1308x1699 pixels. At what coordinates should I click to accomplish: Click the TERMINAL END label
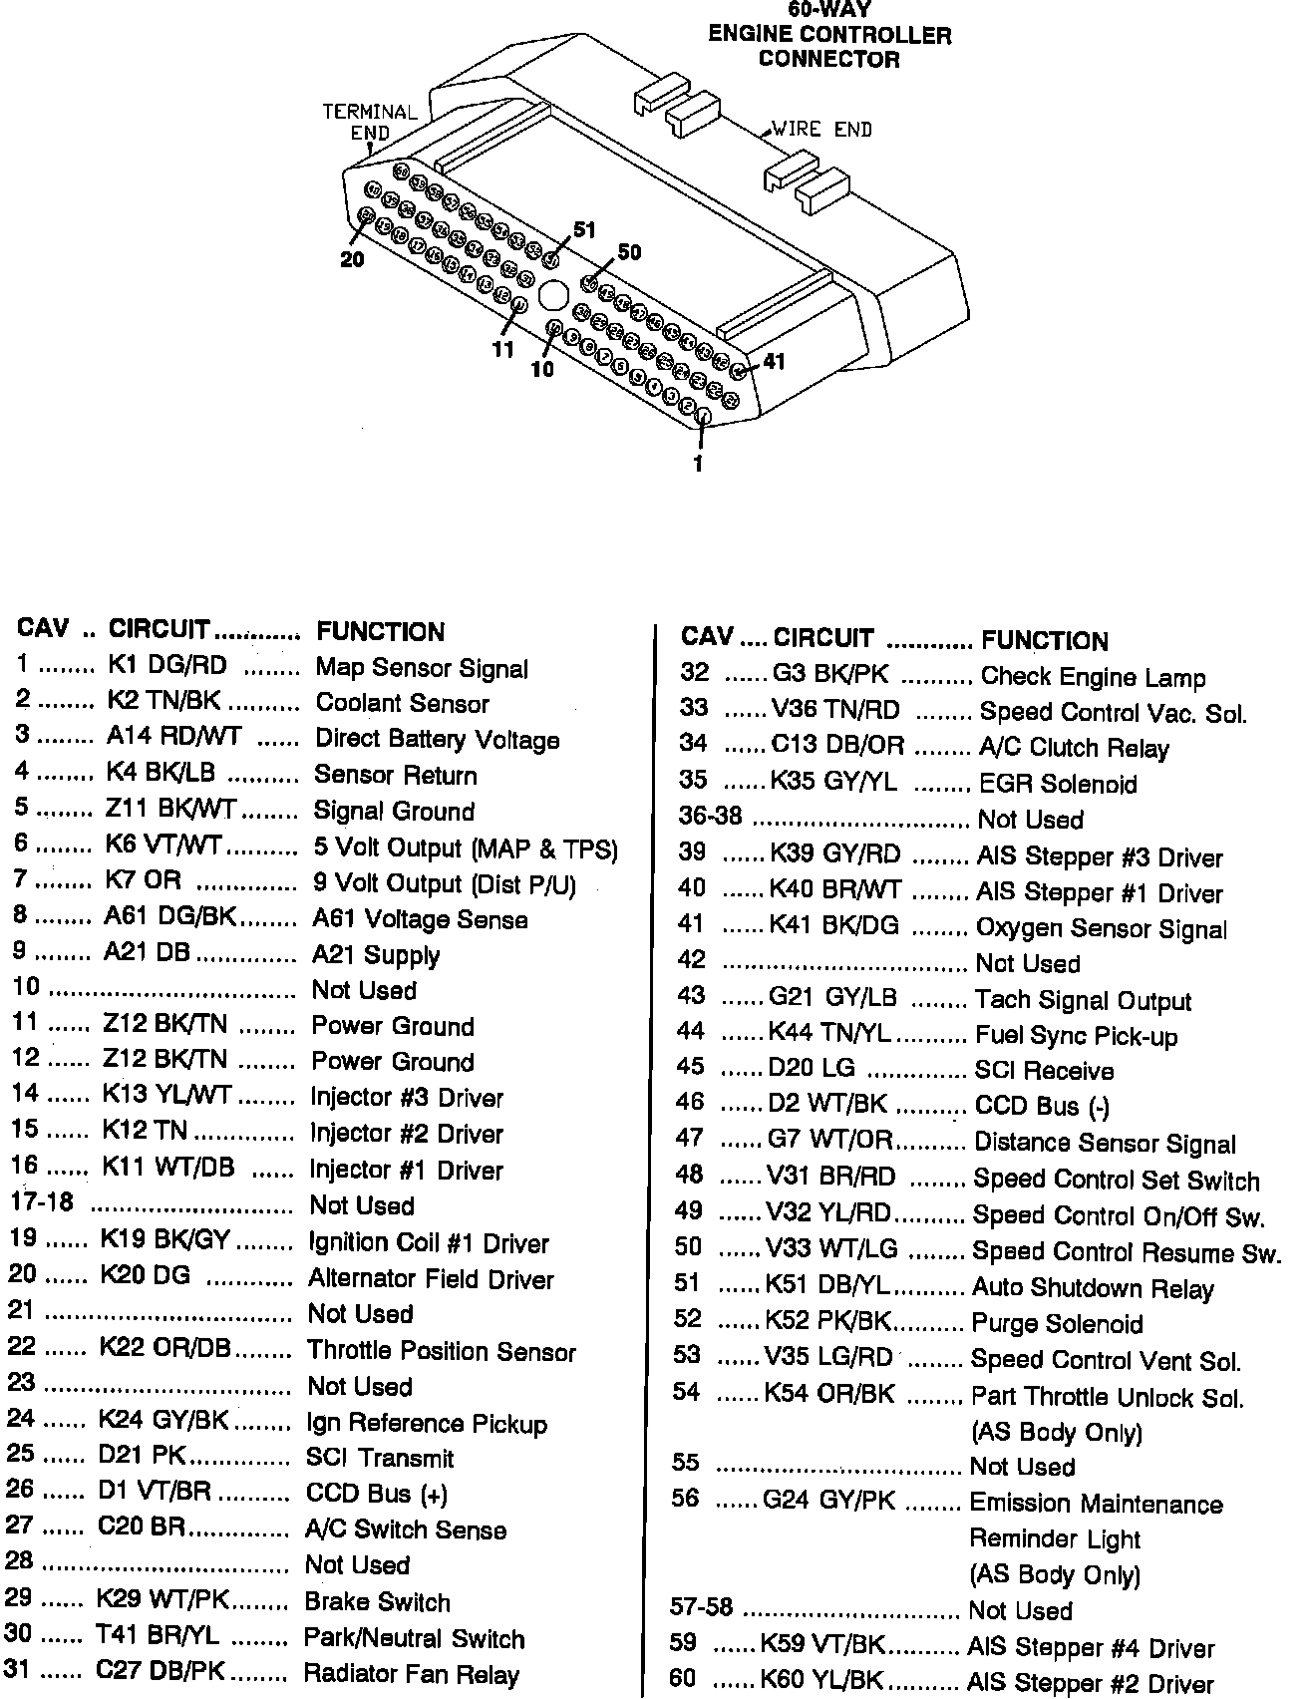369,122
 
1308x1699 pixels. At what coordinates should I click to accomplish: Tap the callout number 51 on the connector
584,230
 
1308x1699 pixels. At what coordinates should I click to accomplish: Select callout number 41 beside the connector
774,362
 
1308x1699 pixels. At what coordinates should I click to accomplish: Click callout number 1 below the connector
698,464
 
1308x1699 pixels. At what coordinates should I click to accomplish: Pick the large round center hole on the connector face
552,295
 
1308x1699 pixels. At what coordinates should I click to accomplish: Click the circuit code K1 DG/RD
166,665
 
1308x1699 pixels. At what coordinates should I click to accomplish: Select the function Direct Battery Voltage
437,739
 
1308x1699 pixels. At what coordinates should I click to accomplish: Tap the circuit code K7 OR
144,880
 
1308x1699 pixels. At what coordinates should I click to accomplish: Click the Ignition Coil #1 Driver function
429,1243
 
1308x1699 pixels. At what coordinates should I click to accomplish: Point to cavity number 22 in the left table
21,1347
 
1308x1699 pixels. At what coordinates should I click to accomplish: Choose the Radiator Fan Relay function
411,1674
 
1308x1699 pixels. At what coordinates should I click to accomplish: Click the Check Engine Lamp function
1093,677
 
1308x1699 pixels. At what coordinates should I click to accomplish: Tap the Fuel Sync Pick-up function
1076,1036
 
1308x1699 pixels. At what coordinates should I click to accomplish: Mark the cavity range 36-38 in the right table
710,817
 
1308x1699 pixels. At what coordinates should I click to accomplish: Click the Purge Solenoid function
1057,1324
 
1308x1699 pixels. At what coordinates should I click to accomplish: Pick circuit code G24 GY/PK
828,1500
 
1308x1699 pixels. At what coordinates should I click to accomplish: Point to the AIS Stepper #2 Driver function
1090,1684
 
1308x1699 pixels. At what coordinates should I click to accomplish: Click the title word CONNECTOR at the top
828,59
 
